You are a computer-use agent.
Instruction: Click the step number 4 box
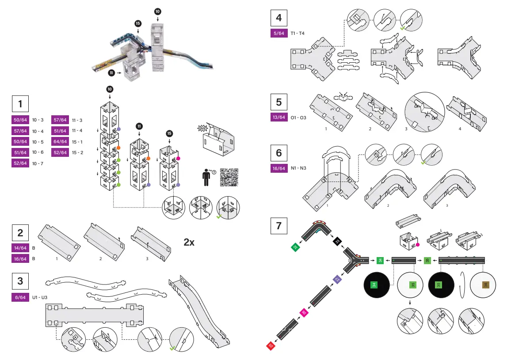279,18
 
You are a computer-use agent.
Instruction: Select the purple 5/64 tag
279,33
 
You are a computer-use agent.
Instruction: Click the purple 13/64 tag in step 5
279,117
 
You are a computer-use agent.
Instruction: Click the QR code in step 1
229,178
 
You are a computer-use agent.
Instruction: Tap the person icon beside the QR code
206,178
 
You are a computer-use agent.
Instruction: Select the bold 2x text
189,242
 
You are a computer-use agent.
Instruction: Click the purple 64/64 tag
60,141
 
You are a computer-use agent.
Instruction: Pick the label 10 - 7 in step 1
38,163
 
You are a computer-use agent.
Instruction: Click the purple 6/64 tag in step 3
19,297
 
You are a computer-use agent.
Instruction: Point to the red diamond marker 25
271,346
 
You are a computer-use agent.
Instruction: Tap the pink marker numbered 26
304,312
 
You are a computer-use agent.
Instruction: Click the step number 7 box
279,226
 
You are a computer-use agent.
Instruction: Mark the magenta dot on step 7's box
417,244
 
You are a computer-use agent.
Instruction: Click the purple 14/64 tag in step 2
19,248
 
